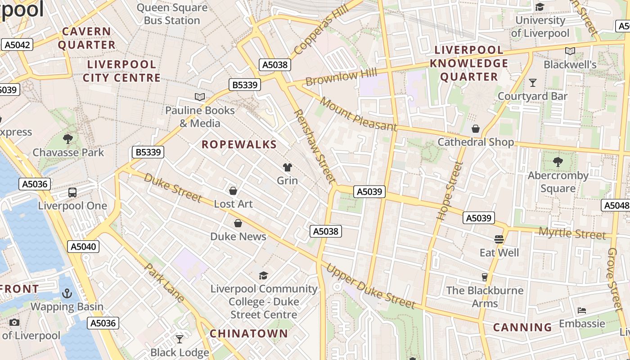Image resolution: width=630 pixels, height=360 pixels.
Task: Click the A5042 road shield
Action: click(x=18, y=45)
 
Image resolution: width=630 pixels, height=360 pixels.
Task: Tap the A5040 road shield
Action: click(x=83, y=247)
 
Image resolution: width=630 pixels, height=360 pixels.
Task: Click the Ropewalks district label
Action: click(x=239, y=144)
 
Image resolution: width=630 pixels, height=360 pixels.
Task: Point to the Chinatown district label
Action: click(x=249, y=333)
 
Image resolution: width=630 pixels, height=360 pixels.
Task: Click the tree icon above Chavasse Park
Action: click(x=68, y=139)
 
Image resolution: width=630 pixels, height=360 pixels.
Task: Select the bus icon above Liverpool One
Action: click(x=72, y=193)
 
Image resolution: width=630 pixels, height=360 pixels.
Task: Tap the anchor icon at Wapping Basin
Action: click(x=67, y=294)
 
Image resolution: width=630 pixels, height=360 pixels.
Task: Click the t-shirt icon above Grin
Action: click(x=287, y=167)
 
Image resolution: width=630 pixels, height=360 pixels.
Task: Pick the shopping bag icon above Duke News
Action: click(x=238, y=223)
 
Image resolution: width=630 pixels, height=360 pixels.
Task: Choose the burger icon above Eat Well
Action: click(x=499, y=239)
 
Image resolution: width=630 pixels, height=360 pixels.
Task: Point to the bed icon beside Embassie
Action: click(x=581, y=310)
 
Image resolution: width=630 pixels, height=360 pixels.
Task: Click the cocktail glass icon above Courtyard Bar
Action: click(x=533, y=83)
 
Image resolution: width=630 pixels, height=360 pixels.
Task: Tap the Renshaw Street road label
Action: click(x=315, y=147)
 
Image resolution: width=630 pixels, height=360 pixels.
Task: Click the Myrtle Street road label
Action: click(x=572, y=234)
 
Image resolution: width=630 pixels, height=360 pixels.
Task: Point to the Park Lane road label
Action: click(x=164, y=282)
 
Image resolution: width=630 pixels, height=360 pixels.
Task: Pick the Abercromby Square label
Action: click(x=558, y=182)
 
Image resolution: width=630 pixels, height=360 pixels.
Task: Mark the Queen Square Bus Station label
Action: click(x=172, y=14)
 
